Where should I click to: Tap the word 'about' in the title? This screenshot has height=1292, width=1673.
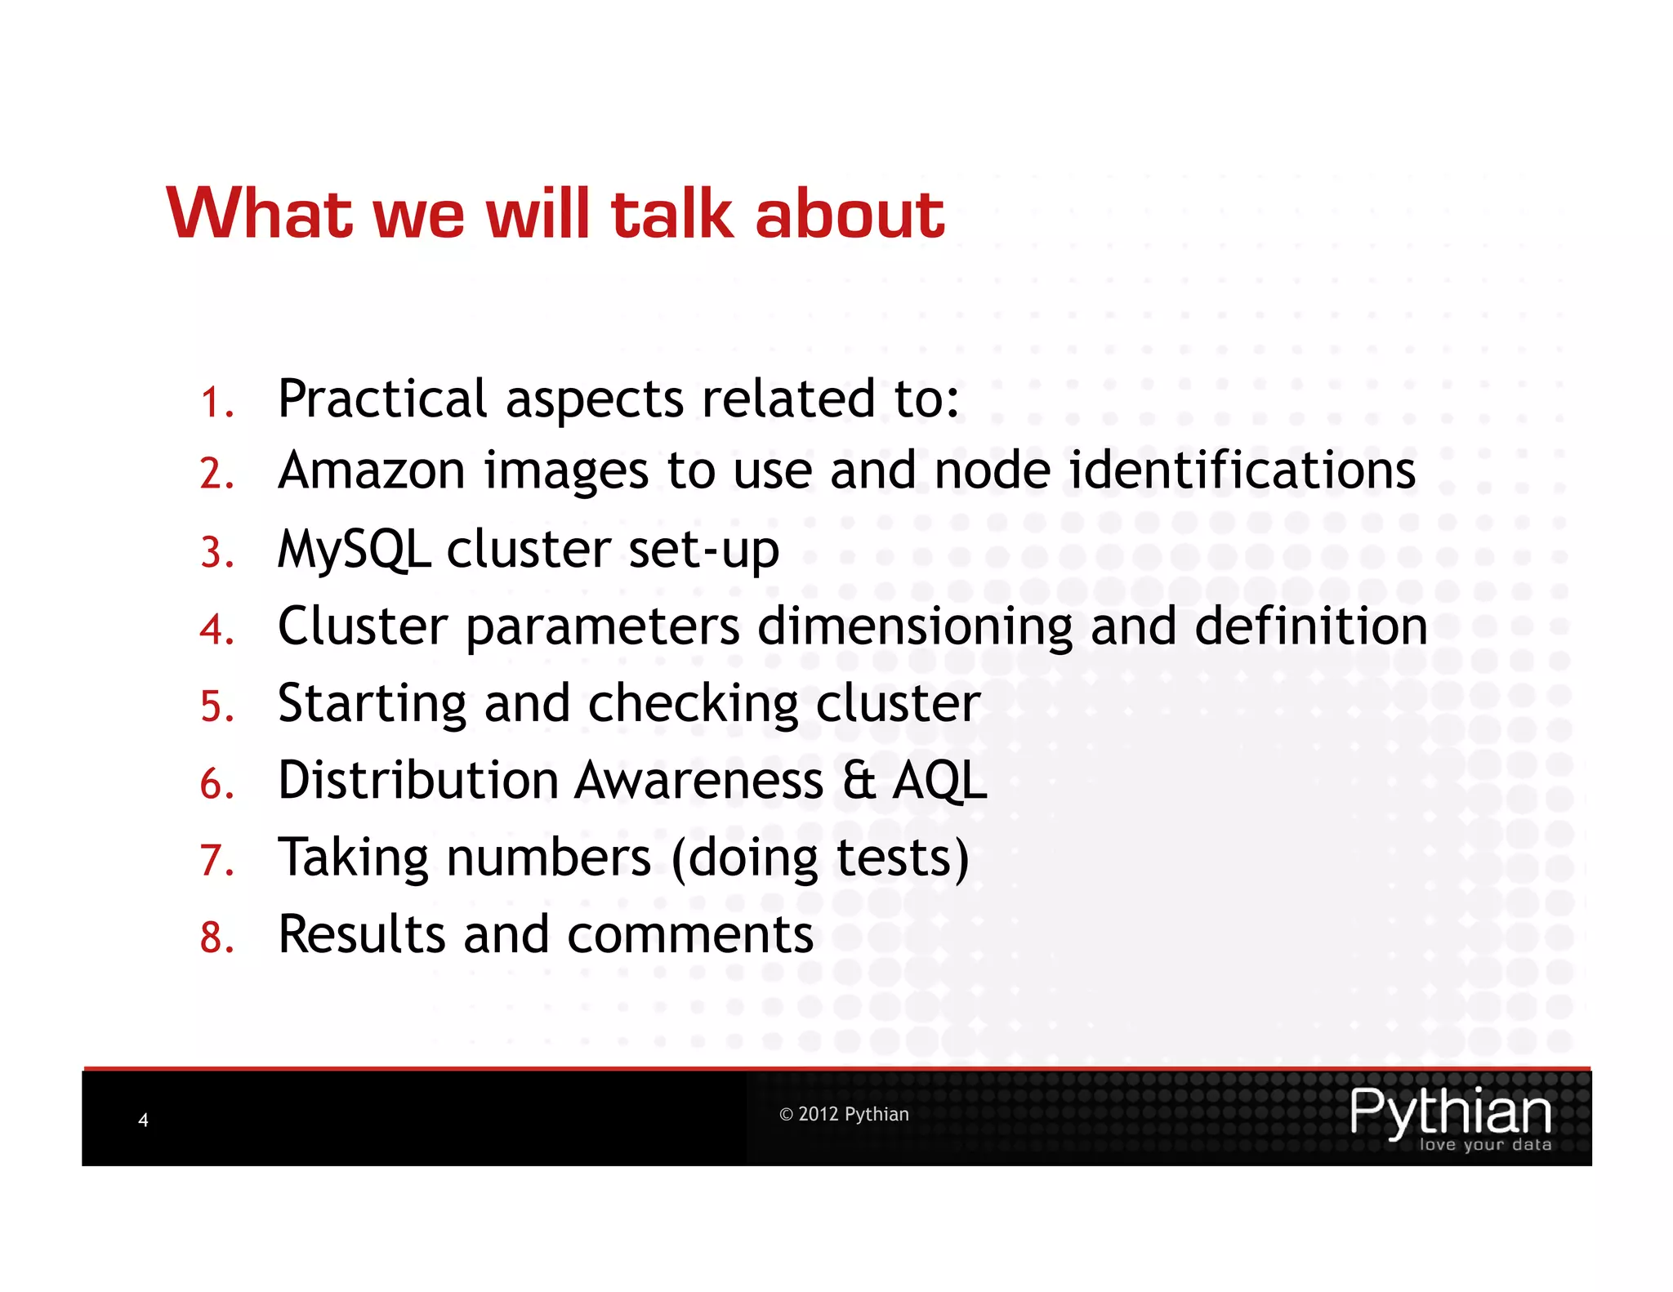point(850,214)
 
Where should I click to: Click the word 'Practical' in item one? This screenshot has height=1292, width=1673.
point(382,399)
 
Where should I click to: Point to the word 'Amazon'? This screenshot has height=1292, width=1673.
point(372,471)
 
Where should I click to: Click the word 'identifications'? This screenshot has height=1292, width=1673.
point(1242,471)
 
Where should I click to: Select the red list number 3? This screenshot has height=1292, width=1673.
point(216,553)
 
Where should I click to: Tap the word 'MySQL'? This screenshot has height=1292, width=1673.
point(354,550)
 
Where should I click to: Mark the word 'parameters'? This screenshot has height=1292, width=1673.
point(603,628)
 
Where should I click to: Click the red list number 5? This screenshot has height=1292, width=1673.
point(216,706)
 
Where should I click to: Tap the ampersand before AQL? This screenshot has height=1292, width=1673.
point(859,781)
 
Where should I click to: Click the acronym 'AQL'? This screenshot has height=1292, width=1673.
point(939,781)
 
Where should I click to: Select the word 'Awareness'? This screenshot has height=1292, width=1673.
point(699,781)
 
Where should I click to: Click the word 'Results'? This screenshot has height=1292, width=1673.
point(361,934)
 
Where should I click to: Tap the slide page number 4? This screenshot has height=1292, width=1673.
point(143,1120)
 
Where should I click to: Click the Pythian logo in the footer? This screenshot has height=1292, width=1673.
point(1451,1117)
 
